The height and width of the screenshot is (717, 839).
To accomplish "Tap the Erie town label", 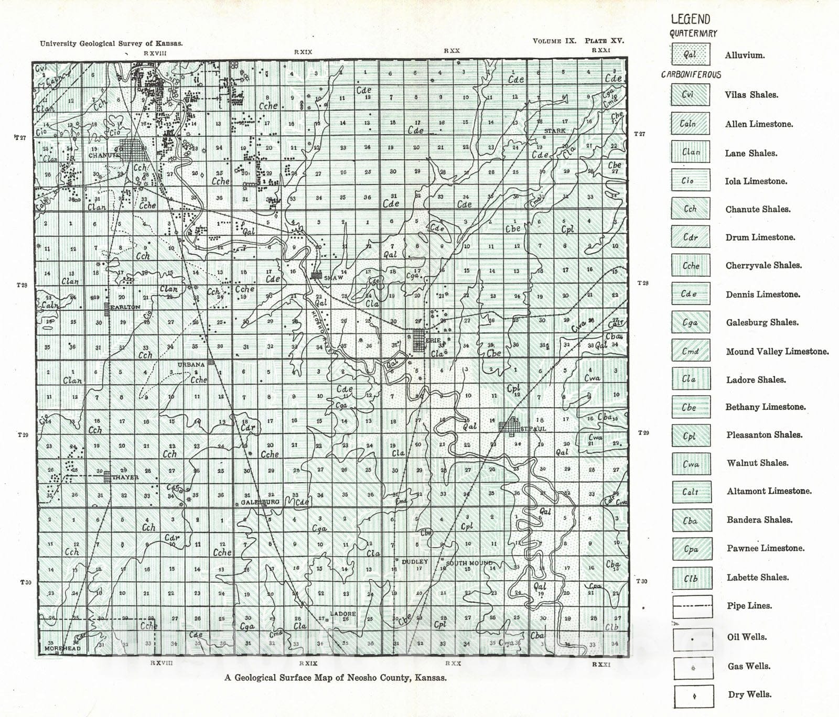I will point(434,341).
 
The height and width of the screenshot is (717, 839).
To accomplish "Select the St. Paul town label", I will point(533,429).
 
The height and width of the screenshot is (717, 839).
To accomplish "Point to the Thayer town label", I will point(125,477).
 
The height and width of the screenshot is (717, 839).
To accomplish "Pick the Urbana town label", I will point(191,365).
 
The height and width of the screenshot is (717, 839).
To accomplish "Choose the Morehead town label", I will point(62,648).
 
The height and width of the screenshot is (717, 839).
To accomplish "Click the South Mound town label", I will point(469,563).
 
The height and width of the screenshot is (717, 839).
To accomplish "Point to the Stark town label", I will point(555,131).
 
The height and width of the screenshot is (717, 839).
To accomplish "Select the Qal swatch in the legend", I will point(690,55).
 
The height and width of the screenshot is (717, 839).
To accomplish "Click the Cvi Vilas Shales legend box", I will point(690,95).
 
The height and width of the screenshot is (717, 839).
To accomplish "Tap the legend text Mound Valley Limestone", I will point(777,352).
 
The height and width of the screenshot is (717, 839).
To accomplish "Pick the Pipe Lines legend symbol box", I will point(692,606).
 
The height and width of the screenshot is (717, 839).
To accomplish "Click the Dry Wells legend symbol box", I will point(693,696).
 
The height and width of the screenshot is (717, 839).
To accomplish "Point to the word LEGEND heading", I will point(691,19).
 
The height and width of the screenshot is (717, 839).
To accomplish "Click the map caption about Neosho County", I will point(336,678).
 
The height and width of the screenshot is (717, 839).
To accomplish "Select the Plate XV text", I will point(605,41).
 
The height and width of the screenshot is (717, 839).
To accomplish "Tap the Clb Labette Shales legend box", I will point(691,578).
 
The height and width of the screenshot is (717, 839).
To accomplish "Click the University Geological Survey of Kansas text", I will point(111,44).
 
